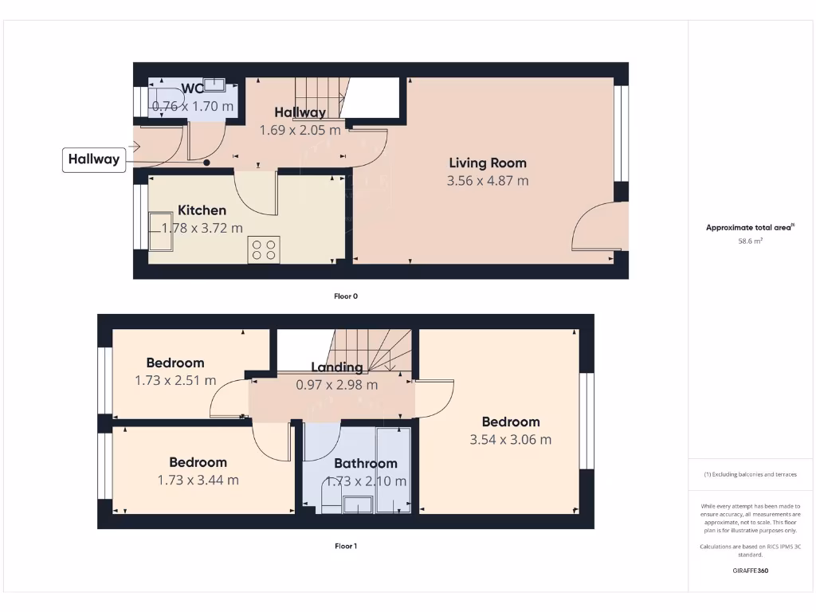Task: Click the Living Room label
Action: point(488,163)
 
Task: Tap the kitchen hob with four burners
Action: point(264,249)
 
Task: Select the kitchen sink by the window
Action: point(163,231)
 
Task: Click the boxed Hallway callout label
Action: point(93,159)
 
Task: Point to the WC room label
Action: point(192,88)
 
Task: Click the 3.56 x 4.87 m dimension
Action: point(488,181)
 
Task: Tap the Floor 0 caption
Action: point(346,296)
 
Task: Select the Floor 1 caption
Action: point(346,547)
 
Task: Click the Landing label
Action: point(336,367)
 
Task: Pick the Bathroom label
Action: point(365,463)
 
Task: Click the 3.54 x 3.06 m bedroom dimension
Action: point(511,439)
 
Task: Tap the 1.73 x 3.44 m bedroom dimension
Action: point(198,480)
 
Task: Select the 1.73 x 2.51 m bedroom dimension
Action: point(175,380)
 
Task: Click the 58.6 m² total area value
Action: point(750,240)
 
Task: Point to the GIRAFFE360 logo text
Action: point(750,571)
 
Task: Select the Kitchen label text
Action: point(202,210)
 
